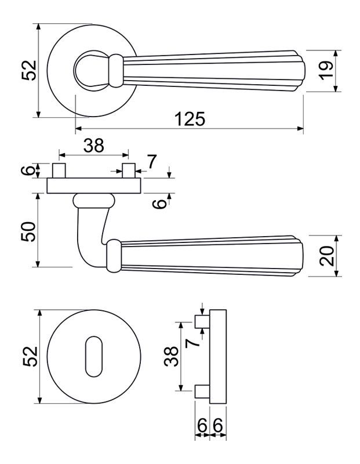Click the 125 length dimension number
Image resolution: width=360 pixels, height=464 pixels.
pyautogui.click(x=190, y=119)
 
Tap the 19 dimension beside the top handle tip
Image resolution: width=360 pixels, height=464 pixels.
pyautogui.click(x=326, y=71)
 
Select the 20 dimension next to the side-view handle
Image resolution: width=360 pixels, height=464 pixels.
pyautogui.click(x=327, y=256)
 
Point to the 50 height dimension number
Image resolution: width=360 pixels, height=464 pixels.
pyautogui.click(x=28, y=231)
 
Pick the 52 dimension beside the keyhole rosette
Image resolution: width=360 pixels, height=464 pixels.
pyautogui.click(x=31, y=357)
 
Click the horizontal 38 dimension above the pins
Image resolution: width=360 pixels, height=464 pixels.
pyautogui.click(x=94, y=146)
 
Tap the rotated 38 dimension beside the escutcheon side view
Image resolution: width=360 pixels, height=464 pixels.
pyautogui.click(x=171, y=357)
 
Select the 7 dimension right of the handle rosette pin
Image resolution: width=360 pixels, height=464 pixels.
pyautogui.click(x=151, y=162)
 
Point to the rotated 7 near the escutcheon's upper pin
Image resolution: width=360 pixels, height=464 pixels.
pyautogui.click(x=192, y=343)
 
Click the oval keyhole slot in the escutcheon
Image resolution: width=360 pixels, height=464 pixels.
pyautogui.click(x=94, y=357)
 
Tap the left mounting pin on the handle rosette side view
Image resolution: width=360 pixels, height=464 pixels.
pyautogui.click(x=59, y=171)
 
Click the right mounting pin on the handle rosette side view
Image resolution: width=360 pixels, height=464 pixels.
pyautogui.click(x=129, y=171)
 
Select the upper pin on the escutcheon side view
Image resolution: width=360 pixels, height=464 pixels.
pyautogui.click(x=203, y=322)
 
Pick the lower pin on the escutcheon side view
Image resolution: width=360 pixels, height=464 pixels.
pyautogui.click(x=203, y=391)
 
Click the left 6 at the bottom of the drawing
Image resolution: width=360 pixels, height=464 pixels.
pyautogui.click(x=202, y=426)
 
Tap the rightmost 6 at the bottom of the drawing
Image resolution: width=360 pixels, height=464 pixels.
pyautogui.click(x=218, y=426)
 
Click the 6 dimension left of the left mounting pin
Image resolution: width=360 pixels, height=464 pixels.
pyautogui.click(x=28, y=171)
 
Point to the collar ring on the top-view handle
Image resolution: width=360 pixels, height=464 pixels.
pyautogui.click(x=116, y=71)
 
